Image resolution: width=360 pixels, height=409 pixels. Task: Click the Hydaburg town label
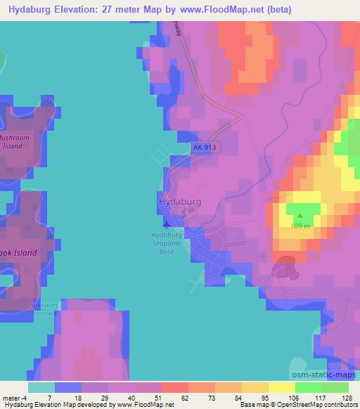pos(180,202)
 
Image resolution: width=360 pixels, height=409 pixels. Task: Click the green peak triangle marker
pos(300,216)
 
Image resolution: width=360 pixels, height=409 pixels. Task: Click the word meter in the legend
pos(11,397)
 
